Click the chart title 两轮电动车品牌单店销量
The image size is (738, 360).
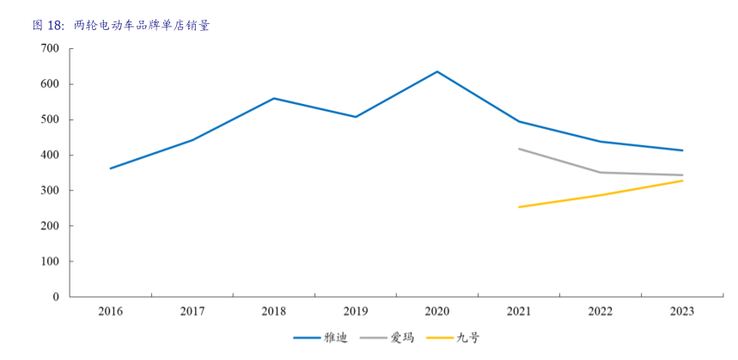coord(142,26)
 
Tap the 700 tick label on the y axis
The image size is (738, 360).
coord(50,49)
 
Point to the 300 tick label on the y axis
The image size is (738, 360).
coord(50,191)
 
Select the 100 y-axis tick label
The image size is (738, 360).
coord(50,261)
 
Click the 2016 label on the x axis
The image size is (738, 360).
coord(111,311)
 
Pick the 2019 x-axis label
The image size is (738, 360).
coord(356,311)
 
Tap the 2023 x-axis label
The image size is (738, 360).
coord(682,311)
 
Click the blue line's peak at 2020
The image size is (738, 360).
coord(437,71)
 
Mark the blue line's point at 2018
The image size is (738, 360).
coord(274,98)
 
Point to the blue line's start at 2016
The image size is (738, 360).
coord(111,168)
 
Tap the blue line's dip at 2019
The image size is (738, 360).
coord(356,117)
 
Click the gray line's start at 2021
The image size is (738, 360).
coord(519,149)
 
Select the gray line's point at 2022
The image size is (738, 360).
coord(601,173)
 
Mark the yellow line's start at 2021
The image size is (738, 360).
coord(519,207)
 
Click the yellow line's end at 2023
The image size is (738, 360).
coord(682,180)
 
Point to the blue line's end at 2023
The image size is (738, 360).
coord(682,150)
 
